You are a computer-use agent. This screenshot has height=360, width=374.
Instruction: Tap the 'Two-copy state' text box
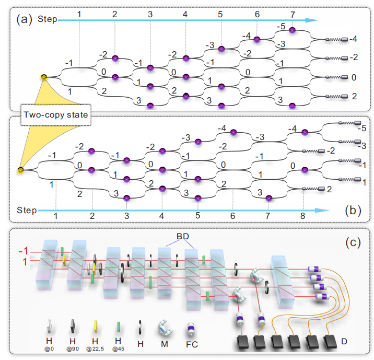(53, 114)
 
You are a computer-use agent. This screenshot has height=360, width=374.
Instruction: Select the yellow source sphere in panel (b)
(20, 170)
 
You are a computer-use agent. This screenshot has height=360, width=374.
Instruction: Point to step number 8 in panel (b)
(303, 215)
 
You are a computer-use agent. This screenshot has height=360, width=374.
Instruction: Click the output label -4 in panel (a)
(354, 39)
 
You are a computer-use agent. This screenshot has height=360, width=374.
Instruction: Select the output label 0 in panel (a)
(354, 77)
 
